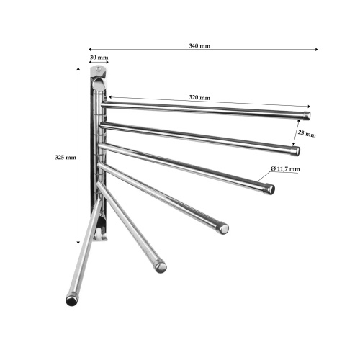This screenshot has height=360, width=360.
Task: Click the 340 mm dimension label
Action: click(199, 45)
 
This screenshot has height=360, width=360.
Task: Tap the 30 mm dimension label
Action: click(99, 58)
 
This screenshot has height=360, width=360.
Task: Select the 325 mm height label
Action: click(66, 158)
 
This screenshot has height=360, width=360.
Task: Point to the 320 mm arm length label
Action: click(199, 97)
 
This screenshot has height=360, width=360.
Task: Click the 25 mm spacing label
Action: click(307, 133)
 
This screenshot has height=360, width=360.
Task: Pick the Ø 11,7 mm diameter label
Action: click(285, 169)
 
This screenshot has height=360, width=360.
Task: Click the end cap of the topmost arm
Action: click(307, 116)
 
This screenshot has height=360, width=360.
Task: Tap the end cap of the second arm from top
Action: click(296, 151)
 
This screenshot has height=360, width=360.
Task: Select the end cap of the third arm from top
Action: click(270, 189)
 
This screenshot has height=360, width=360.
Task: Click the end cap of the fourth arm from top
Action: click(223, 228)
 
